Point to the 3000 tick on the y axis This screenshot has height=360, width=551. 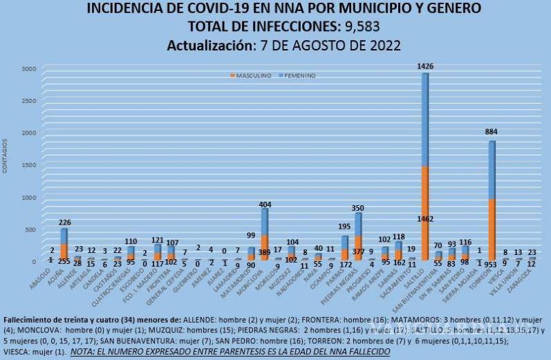click(x=28, y=68)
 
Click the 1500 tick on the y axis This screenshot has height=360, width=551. click(x=28, y=164)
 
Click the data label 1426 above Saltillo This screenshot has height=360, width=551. click(x=426, y=66)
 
